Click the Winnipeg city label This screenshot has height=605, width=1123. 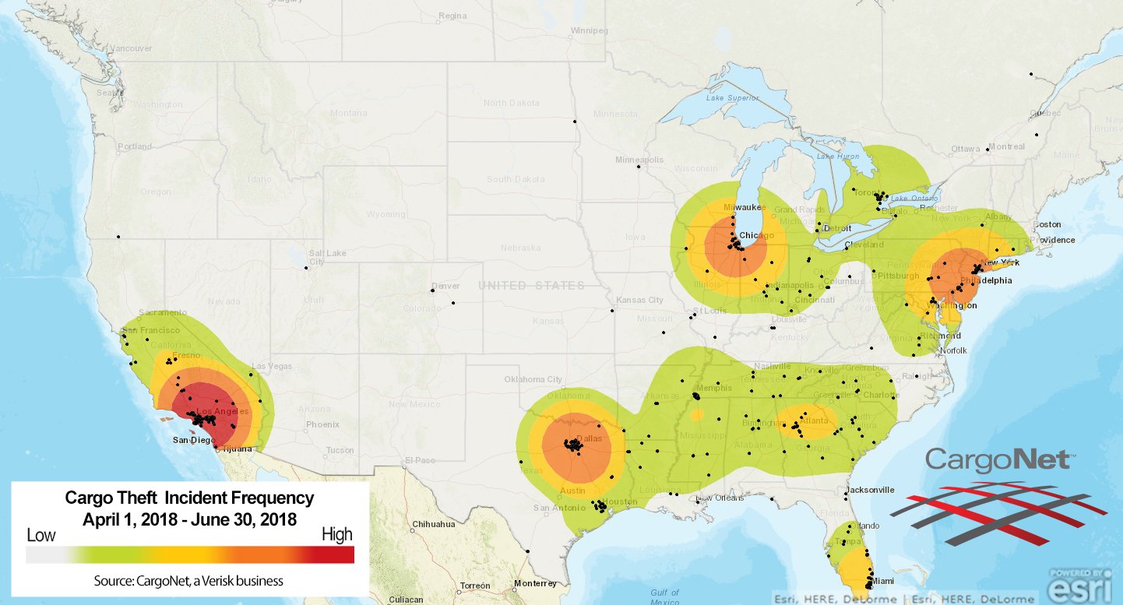tap(590, 31)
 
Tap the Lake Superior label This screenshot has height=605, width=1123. tap(731, 99)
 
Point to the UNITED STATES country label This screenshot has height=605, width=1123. tap(531, 286)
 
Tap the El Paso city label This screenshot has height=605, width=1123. tap(418, 461)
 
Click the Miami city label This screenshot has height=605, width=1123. tap(882, 581)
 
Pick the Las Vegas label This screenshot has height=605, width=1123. tap(270, 367)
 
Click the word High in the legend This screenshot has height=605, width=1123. tap(337, 535)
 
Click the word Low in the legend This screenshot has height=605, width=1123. tap(40, 536)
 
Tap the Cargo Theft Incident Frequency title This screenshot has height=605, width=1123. tap(189, 498)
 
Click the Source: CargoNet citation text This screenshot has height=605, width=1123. tap(188, 581)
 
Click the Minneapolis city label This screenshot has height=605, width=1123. tap(639, 160)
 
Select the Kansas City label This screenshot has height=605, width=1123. tap(639, 300)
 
